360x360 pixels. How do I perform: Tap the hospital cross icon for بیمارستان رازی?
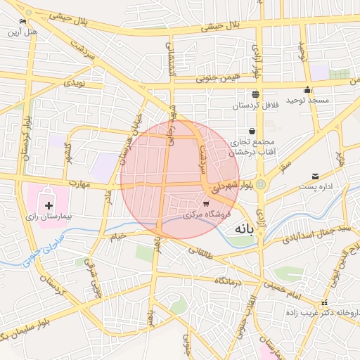(x=49, y=205)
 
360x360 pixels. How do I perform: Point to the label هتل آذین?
(x=22, y=32)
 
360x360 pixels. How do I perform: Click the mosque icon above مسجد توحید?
(x=308, y=90)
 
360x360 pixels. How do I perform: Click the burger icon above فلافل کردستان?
(x=255, y=94)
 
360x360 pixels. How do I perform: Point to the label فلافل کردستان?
(x=256, y=105)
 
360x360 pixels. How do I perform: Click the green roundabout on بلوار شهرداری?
(x=261, y=184)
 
